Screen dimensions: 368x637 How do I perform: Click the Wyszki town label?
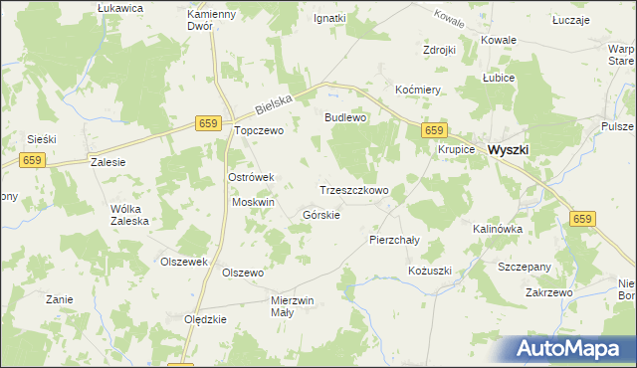pyautogui.click(x=509, y=149)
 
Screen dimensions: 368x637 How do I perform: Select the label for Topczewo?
pyautogui.click(x=259, y=130)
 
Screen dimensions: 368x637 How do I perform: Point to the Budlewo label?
pyautogui.click(x=346, y=117)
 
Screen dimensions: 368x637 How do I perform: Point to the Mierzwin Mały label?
pyautogui.click(x=293, y=305)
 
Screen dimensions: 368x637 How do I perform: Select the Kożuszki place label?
pyautogui.click(x=430, y=271)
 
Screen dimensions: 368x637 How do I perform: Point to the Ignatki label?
pyautogui.click(x=329, y=18)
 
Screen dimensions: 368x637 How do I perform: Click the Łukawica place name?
pyautogui.click(x=121, y=7)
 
